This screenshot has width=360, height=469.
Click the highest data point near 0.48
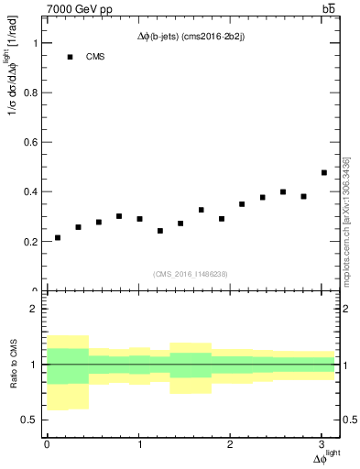(324, 172)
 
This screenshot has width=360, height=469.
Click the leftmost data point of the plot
(58, 238)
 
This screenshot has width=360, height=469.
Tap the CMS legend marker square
(69, 57)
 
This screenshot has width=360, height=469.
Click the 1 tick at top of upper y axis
(33, 43)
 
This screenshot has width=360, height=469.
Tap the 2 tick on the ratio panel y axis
(33, 310)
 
